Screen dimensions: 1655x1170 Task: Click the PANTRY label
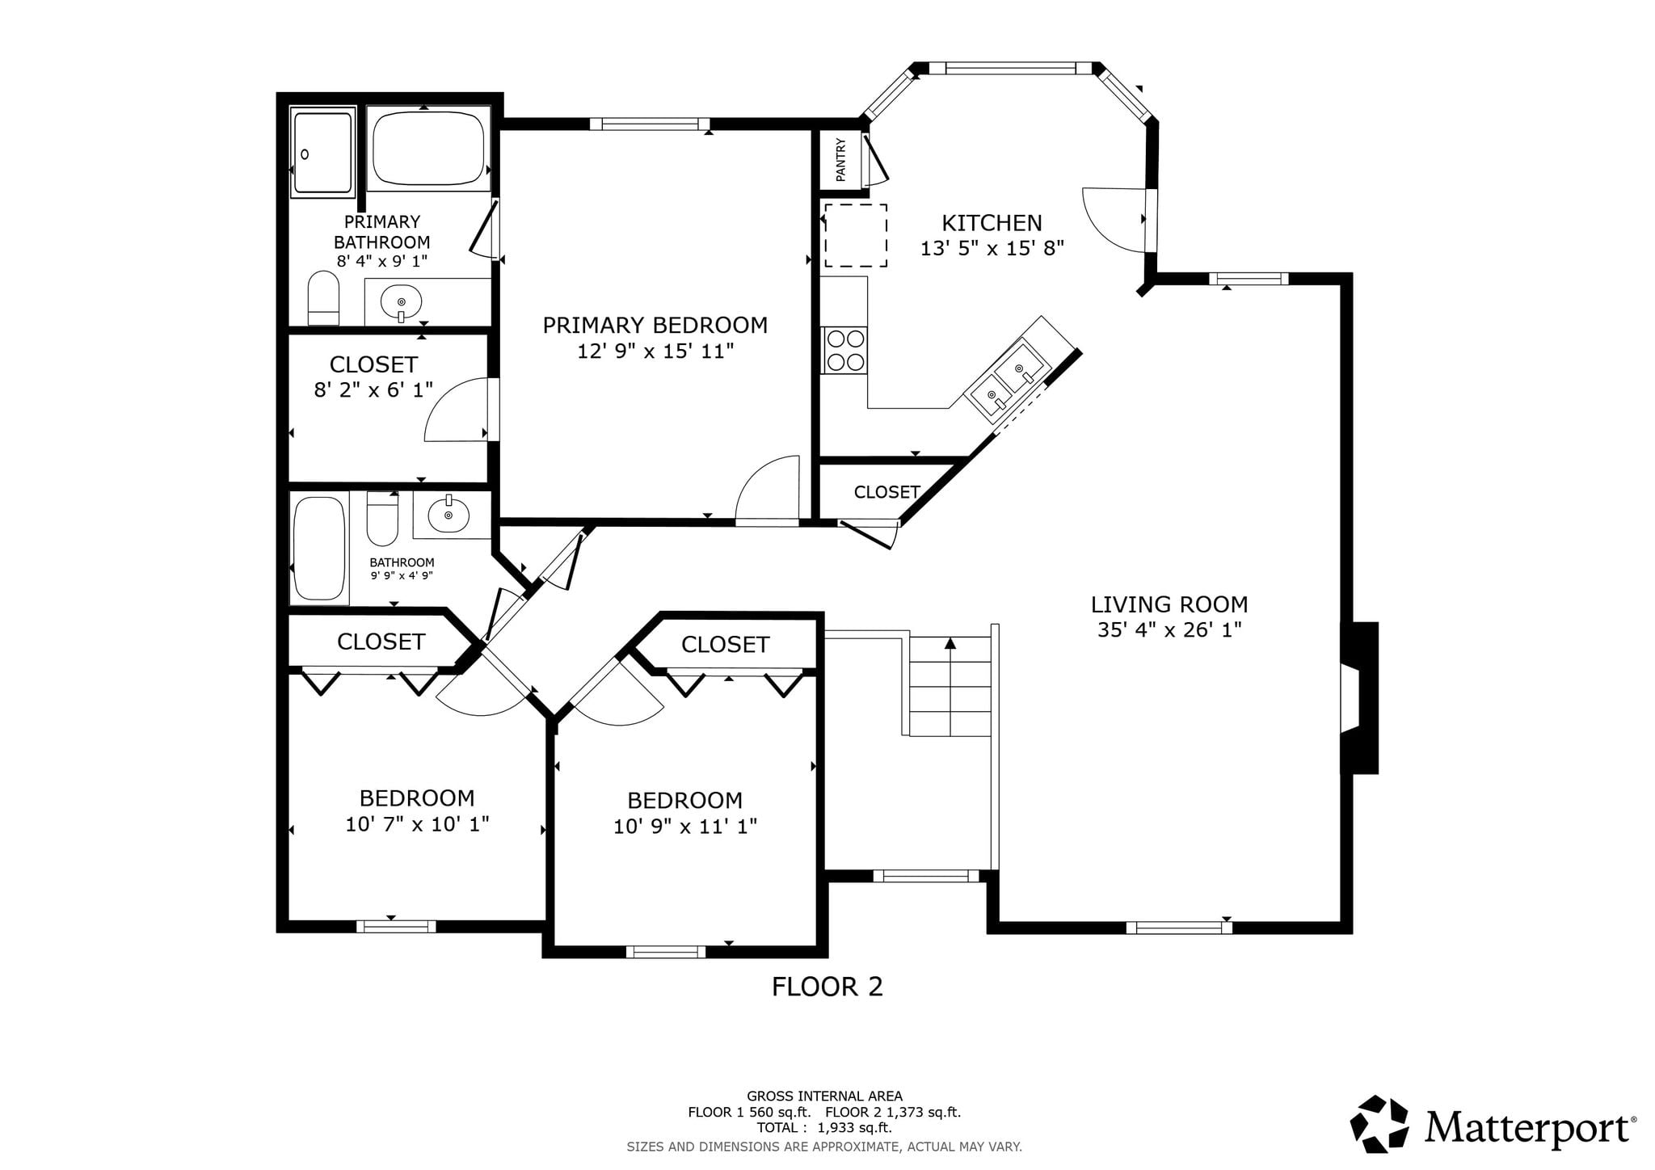pyautogui.click(x=840, y=159)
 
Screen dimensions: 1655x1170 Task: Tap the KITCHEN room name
pyautogui.click(x=992, y=223)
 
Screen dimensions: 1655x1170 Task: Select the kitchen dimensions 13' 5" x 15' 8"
pyautogui.click(x=992, y=248)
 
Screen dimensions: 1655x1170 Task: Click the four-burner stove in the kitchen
pyautogui.click(x=844, y=350)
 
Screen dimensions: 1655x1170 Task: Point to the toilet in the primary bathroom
pyautogui.click(x=324, y=298)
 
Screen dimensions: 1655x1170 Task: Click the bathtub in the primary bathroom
pyautogui.click(x=428, y=149)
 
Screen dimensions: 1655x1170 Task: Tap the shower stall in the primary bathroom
pyautogui.click(x=323, y=153)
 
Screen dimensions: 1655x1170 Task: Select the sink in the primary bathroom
pyautogui.click(x=401, y=303)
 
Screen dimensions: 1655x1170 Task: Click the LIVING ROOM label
pyautogui.click(x=1169, y=604)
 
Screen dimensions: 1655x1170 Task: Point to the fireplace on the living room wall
pyautogui.click(x=1359, y=698)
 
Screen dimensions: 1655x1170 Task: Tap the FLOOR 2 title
pyautogui.click(x=827, y=987)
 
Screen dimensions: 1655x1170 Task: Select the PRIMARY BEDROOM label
pyautogui.click(x=655, y=326)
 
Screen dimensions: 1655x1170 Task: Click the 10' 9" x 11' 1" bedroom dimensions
pyautogui.click(x=685, y=826)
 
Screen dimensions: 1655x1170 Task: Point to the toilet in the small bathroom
pyautogui.click(x=382, y=519)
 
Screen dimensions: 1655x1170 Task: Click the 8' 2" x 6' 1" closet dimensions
pyautogui.click(x=373, y=389)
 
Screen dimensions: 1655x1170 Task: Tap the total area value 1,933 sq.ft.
pyautogui.click(x=855, y=1128)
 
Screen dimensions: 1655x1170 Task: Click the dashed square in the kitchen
pyautogui.click(x=856, y=235)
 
